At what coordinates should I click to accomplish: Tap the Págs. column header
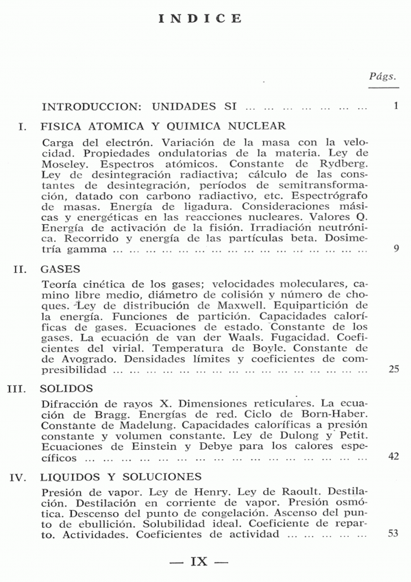click(382, 77)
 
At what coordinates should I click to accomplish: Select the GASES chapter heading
click(61, 269)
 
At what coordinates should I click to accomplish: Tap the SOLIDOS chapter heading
click(68, 389)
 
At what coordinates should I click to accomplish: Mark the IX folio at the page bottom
click(199, 561)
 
